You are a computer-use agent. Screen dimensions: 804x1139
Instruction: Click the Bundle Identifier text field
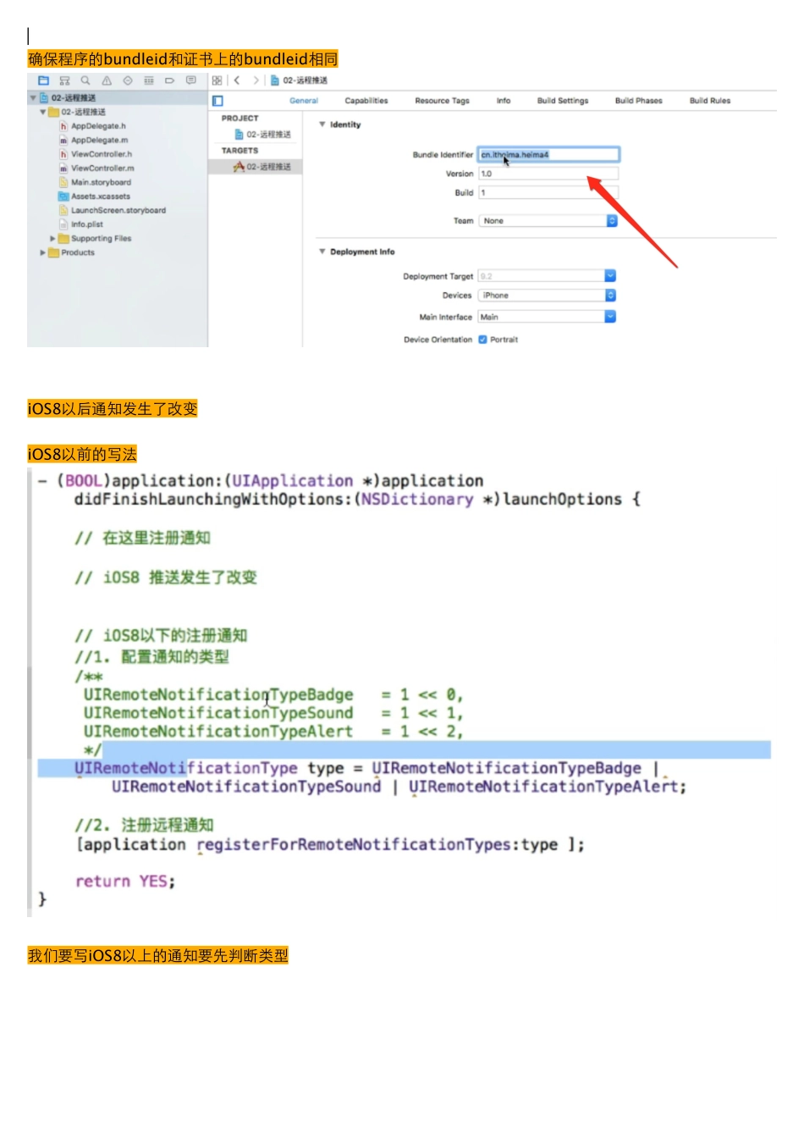tap(548, 155)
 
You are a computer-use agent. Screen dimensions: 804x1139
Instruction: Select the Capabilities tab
tap(366, 101)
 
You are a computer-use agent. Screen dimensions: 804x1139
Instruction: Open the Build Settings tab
tap(562, 101)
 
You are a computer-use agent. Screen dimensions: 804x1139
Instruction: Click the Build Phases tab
tap(638, 101)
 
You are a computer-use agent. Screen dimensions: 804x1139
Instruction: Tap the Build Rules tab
tap(709, 101)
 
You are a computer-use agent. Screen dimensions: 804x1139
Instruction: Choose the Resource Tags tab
tap(442, 101)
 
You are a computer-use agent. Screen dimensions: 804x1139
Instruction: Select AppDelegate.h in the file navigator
tap(98, 126)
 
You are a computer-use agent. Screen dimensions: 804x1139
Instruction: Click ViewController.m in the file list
tap(102, 169)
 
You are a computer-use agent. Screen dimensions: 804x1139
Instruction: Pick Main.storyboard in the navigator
tap(101, 182)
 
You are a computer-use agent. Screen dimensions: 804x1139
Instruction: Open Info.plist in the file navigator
tap(86, 224)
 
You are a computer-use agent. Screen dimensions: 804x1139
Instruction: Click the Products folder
tap(77, 252)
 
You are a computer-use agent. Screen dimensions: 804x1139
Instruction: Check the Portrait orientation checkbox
tap(482, 340)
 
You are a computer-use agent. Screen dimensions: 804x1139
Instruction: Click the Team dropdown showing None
tap(548, 221)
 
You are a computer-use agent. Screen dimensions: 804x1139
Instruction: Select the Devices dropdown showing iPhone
tap(547, 296)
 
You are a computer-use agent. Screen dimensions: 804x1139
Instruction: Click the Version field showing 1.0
tap(548, 174)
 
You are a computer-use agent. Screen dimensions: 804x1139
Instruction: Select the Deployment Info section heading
tap(361, 252)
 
